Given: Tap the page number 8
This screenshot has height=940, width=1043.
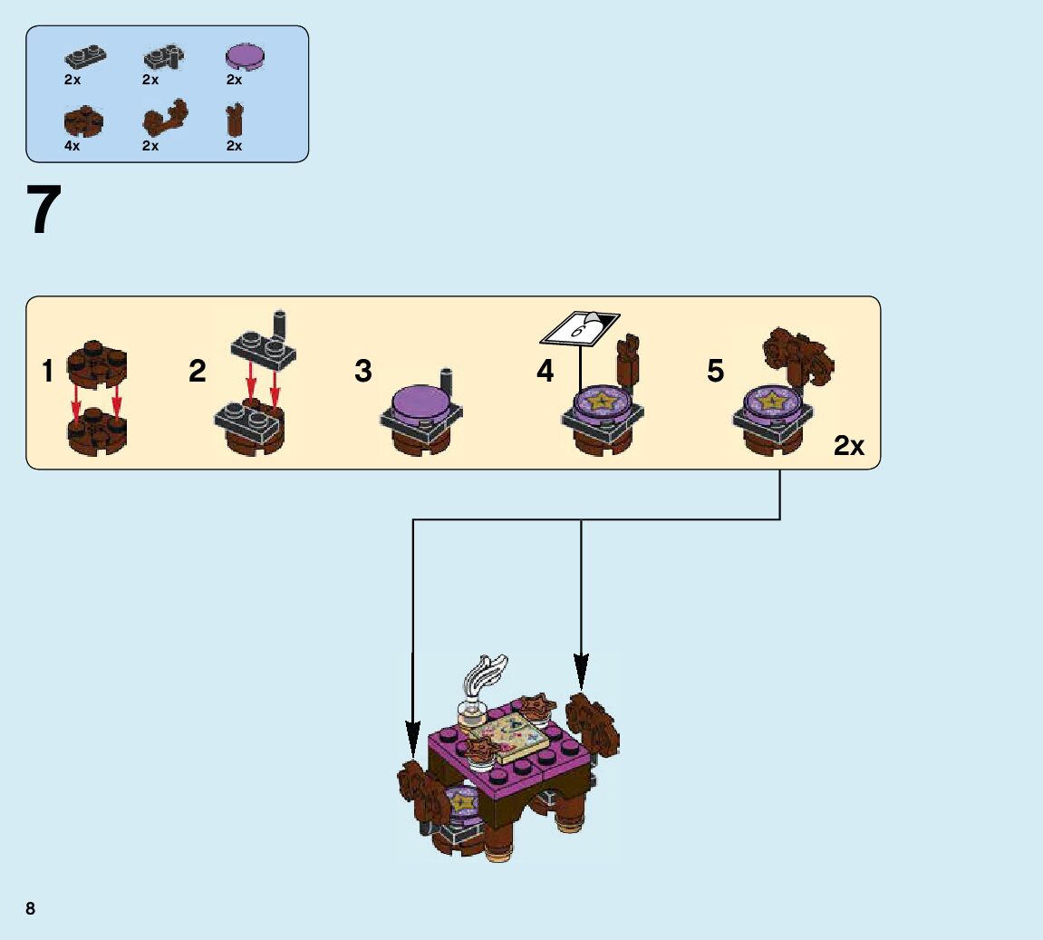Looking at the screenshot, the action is (x=31, y=908).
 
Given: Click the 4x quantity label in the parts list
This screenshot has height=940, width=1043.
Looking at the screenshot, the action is (x=72, y=146).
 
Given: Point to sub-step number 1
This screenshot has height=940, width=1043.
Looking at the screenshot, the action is (x=48, y=372).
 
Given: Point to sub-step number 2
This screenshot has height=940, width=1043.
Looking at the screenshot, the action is (x=198, y=372).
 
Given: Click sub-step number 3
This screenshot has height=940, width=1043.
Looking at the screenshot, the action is (x=363, y=372).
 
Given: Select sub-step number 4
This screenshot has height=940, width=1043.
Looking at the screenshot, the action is (x=545, y=372).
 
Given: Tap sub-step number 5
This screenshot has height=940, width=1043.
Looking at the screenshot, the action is (x=716, y=372).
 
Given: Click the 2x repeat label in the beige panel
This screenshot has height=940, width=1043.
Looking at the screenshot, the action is (x=849, y=446).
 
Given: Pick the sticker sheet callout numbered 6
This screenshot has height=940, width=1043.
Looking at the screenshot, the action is (x=580, y=327).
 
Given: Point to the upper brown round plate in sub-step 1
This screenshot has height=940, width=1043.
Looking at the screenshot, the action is (x=97, y=361).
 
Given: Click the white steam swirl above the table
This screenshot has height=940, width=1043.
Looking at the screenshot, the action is (x=482, y=676).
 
